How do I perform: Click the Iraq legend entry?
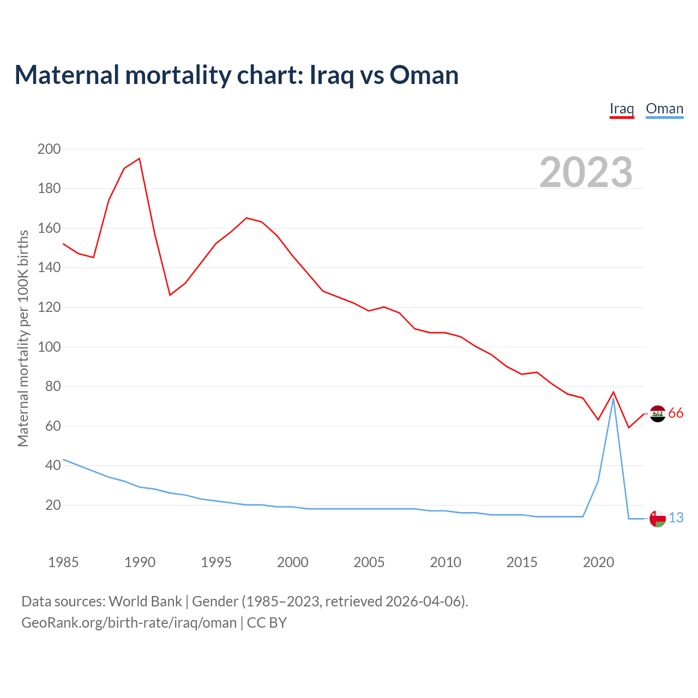(x=622, y=109)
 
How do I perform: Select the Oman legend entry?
(x=664, y=109)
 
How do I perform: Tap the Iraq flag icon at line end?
(x=658, y=414)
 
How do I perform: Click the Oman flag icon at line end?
(x=658, y=519)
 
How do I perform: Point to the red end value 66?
(x=676, y=413)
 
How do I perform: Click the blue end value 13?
(x=676, y=518)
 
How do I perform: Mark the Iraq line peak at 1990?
(x=140, y=159)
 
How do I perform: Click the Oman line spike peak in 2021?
(x=613, y=399)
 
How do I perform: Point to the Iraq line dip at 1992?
(x=170, y=295)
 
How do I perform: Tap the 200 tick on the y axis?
(x=49, y=149)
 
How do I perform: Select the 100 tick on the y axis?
(x=49, y=347)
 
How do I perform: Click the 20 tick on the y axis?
(x=53, y=506)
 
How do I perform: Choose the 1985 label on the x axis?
(x=63, y=562)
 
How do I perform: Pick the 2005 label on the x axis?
(x=369, y=562)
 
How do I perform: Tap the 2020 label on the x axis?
(x=598, y=562)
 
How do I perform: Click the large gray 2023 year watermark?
(x=586, y=172)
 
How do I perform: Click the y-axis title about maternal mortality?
(x=23, y=338)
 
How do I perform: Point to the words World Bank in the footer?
(x=145, y=601)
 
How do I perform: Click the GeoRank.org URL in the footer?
(x=129, y=623)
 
